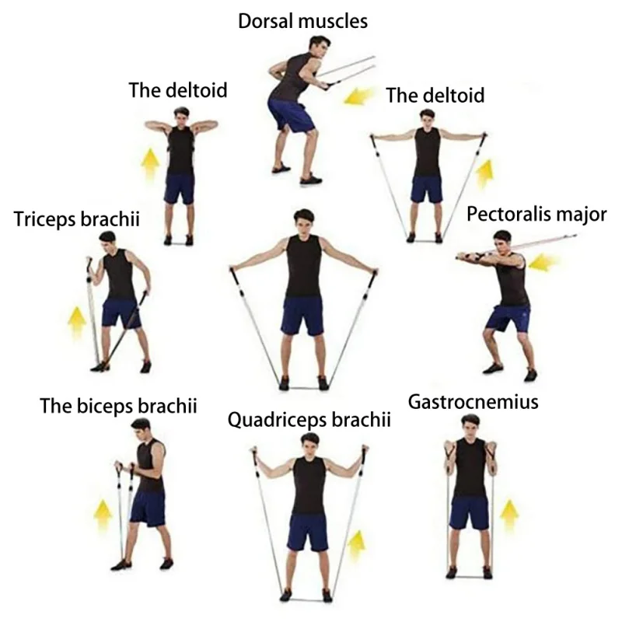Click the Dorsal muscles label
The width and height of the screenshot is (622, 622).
(x=302, y=21)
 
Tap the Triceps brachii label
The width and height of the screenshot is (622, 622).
(x=76, y=219)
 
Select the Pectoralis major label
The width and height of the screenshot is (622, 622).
(x=536, y=214)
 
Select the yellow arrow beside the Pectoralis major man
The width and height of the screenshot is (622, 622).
(x=541, y=262)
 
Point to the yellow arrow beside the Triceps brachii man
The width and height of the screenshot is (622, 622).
(x=76, y=323)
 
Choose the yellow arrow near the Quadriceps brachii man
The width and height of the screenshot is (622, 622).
(x=356, y=547)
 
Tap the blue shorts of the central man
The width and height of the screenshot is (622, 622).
(x=303, y=315)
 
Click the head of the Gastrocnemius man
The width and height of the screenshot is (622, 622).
(x=470, y=426)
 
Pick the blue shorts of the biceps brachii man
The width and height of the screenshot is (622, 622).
(x=148, y=507)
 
